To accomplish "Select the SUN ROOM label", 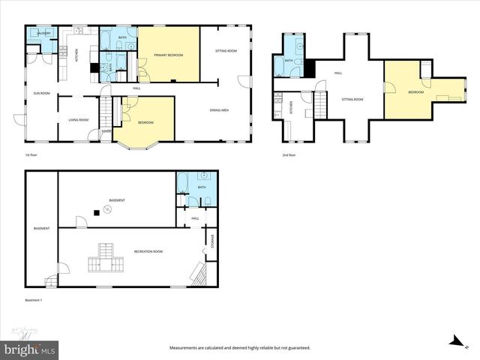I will (40, 93).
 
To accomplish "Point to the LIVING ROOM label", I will (79, 119).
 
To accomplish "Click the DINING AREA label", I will (219, 110).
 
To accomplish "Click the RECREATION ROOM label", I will (148, 251).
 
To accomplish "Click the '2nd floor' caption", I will (289, 155).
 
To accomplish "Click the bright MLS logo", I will (30, 349).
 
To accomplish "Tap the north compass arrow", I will (454, 341).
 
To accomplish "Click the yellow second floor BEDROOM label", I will (415, 91).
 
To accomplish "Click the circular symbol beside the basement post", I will (106, 211).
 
